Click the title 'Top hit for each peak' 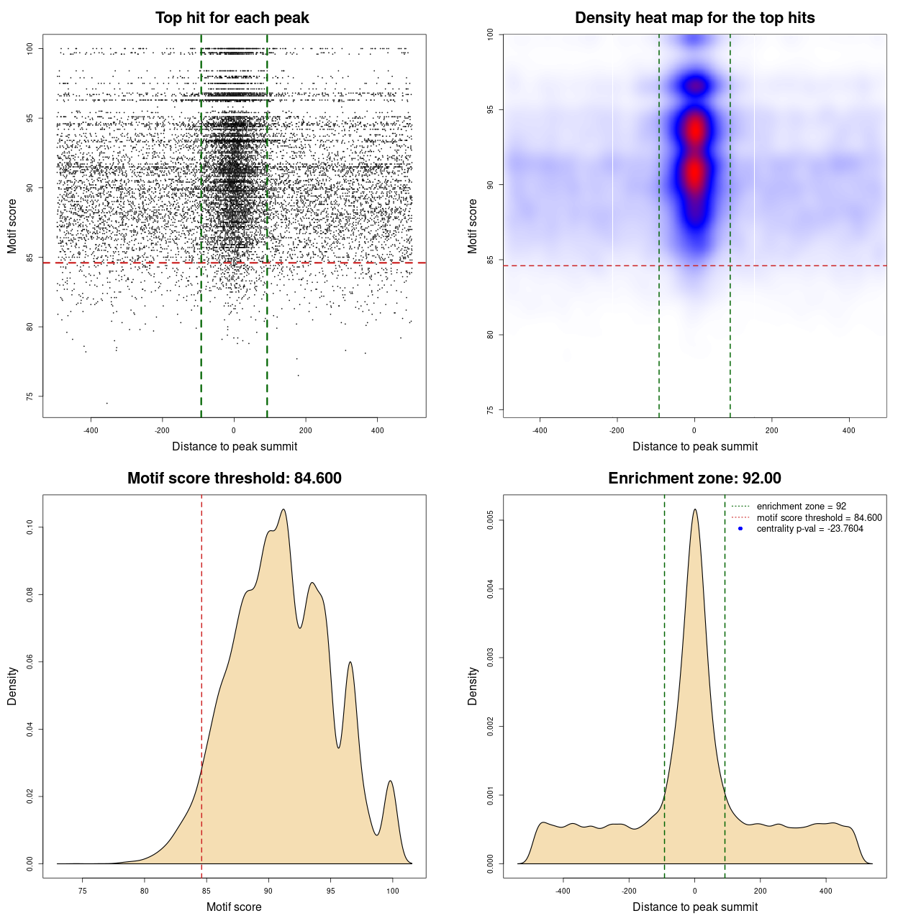tap(232, 18)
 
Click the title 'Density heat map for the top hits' tap(694, 18)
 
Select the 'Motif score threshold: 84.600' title tap(234, 478)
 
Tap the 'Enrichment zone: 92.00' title tap(694, 478)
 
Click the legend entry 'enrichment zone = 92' tap(801, 507)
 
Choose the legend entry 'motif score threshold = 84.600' tap(819, 518)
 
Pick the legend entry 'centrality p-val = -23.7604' tap(809, 529)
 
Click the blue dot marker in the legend tap(740, 529)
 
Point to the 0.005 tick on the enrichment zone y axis tap(491, 520)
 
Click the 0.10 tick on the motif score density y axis tap(30, 527)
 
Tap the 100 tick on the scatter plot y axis tap(30, 48)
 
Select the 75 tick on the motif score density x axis tap(83, 891)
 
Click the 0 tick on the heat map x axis tap(694, 430)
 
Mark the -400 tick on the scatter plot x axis tap(91, 430)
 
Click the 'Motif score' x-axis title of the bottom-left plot tap(234, 907)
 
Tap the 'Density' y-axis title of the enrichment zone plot tap(473, 686)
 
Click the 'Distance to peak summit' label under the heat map tap(694, 446)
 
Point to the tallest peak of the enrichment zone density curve tap(694, 510)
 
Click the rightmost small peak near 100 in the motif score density tap(391, 781)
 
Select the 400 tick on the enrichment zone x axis tap(825, 891)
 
